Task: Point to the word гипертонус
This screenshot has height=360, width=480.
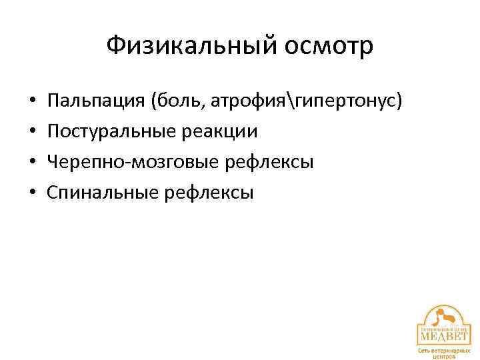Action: [346, 101]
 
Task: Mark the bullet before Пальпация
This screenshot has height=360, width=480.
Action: [32, 102]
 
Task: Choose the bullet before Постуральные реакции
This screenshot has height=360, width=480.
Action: [32, 132]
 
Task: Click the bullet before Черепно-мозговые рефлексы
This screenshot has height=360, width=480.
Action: [32, 163]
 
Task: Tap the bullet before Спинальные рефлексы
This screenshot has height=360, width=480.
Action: [32, 193]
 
